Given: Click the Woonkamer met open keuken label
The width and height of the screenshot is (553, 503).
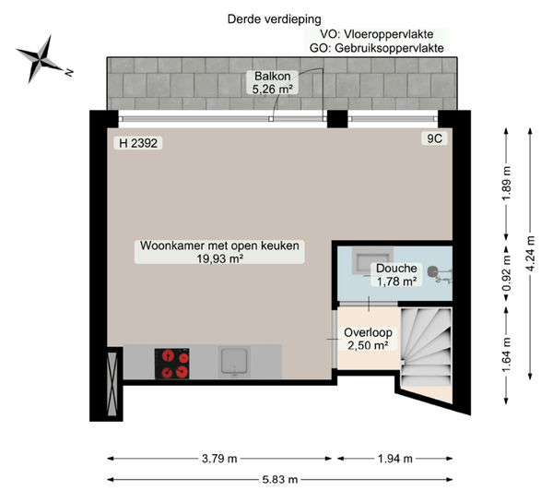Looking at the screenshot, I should (220, 253).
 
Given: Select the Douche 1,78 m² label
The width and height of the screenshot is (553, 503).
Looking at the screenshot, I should (394, 275).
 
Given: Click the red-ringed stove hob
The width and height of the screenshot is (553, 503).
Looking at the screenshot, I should (171, 363).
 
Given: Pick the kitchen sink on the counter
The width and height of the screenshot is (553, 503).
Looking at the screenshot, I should (237, 362).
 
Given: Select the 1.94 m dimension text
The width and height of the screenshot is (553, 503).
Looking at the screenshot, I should (395, 458).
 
